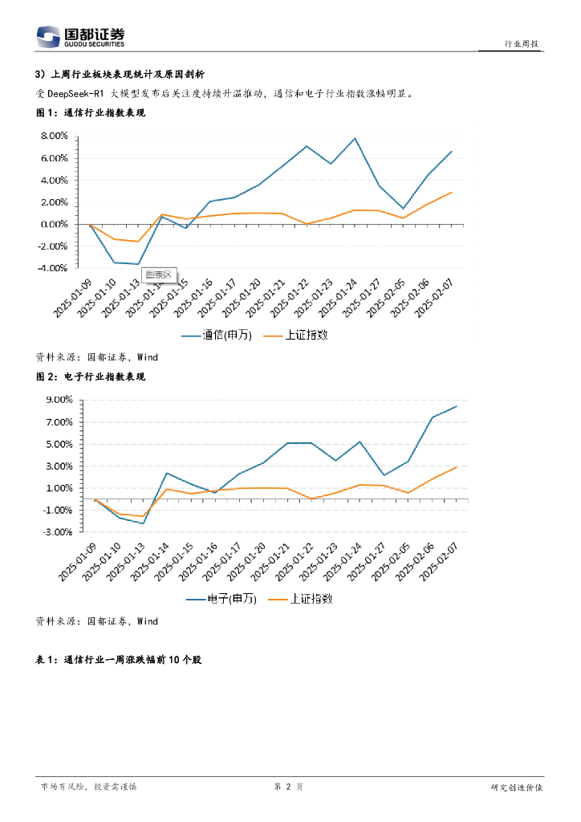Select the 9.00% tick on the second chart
(x=58, y=400)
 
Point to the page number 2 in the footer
(x=287, y=787)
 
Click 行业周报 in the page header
(x=521, y=43)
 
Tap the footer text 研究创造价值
(x=517, y=787)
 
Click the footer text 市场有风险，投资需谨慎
(x=88, y=787)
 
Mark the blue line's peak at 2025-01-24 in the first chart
(x=355, y=138)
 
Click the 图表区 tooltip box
(x=158, y=275)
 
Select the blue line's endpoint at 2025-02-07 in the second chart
(x=457, y=406)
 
